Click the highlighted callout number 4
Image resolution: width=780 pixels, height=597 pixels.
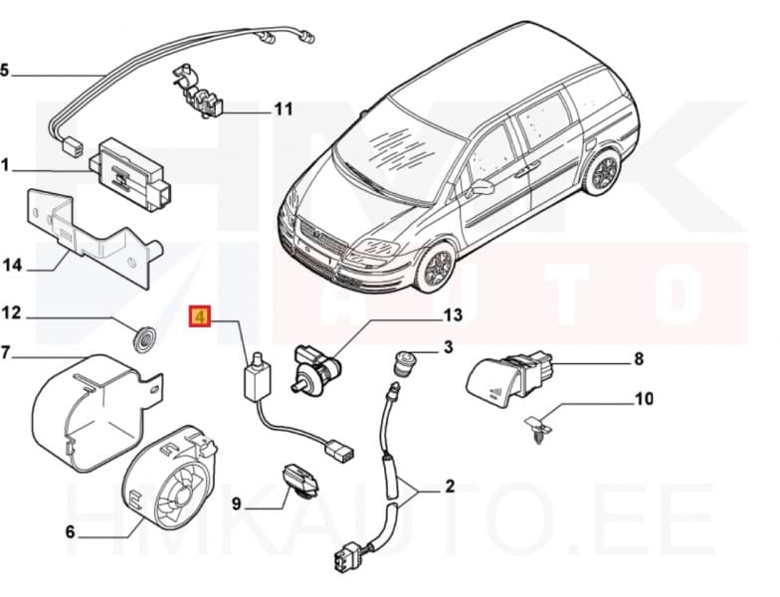tap(201, 319)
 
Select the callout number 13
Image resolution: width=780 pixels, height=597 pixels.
tap(453, 316)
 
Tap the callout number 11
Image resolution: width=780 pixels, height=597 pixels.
tap(284, 109)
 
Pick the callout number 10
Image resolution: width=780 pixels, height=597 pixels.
tap(644, 399)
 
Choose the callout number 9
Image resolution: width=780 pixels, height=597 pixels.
tap(236, 504)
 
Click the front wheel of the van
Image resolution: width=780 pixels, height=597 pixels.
tap(435, 269)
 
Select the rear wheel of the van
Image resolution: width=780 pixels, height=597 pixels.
tap(602, 173)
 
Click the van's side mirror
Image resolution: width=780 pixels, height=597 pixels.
tap(483, 186)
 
